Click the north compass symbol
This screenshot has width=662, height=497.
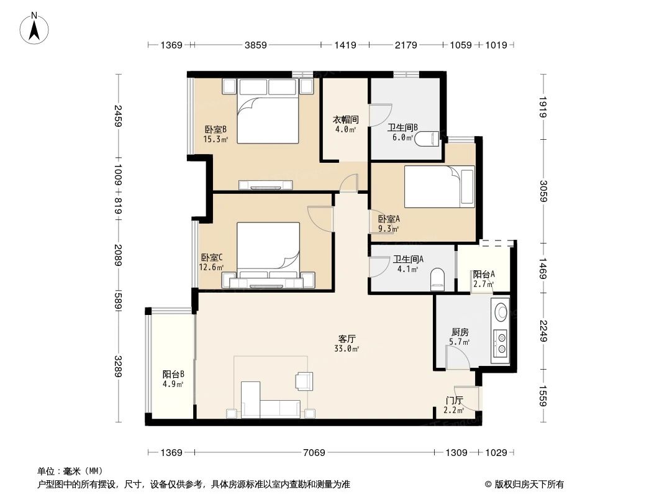[35, 27]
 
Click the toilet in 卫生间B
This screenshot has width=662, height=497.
[429, 138]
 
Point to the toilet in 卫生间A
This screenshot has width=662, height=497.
[438, 279]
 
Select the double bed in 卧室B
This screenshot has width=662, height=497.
[268, 112]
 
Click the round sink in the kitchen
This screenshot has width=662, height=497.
[501, 311]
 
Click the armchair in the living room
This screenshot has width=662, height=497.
[305, 380]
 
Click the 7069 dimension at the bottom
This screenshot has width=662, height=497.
[314, 453]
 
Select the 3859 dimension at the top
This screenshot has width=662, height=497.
[255, 45]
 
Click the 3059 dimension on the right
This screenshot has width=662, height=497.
[543, 191]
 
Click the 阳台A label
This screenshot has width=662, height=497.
[483, 278]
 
